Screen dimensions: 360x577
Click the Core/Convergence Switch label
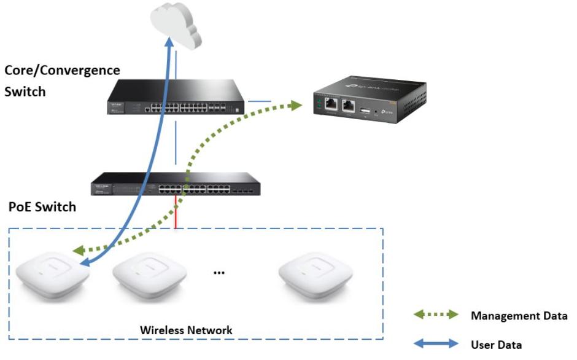pos(62,80)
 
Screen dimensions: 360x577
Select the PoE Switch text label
pos(42,206)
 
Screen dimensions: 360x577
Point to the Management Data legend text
pos(519,316)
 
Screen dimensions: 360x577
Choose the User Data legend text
pos(497,344)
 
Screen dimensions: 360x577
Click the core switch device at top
pos(175,98)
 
